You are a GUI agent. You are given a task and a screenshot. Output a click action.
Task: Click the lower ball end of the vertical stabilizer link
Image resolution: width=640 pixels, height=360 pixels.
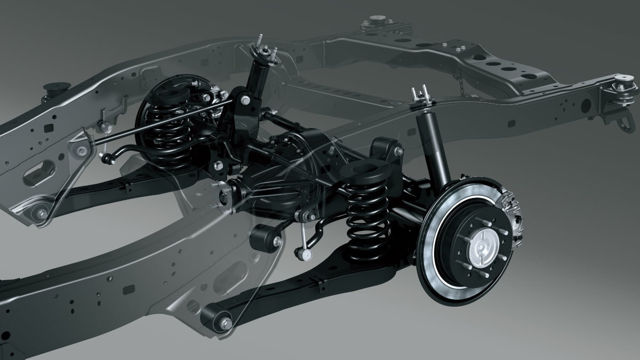[305, 255]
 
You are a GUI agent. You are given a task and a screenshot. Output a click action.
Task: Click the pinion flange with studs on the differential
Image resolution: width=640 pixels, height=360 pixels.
[224, 195]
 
